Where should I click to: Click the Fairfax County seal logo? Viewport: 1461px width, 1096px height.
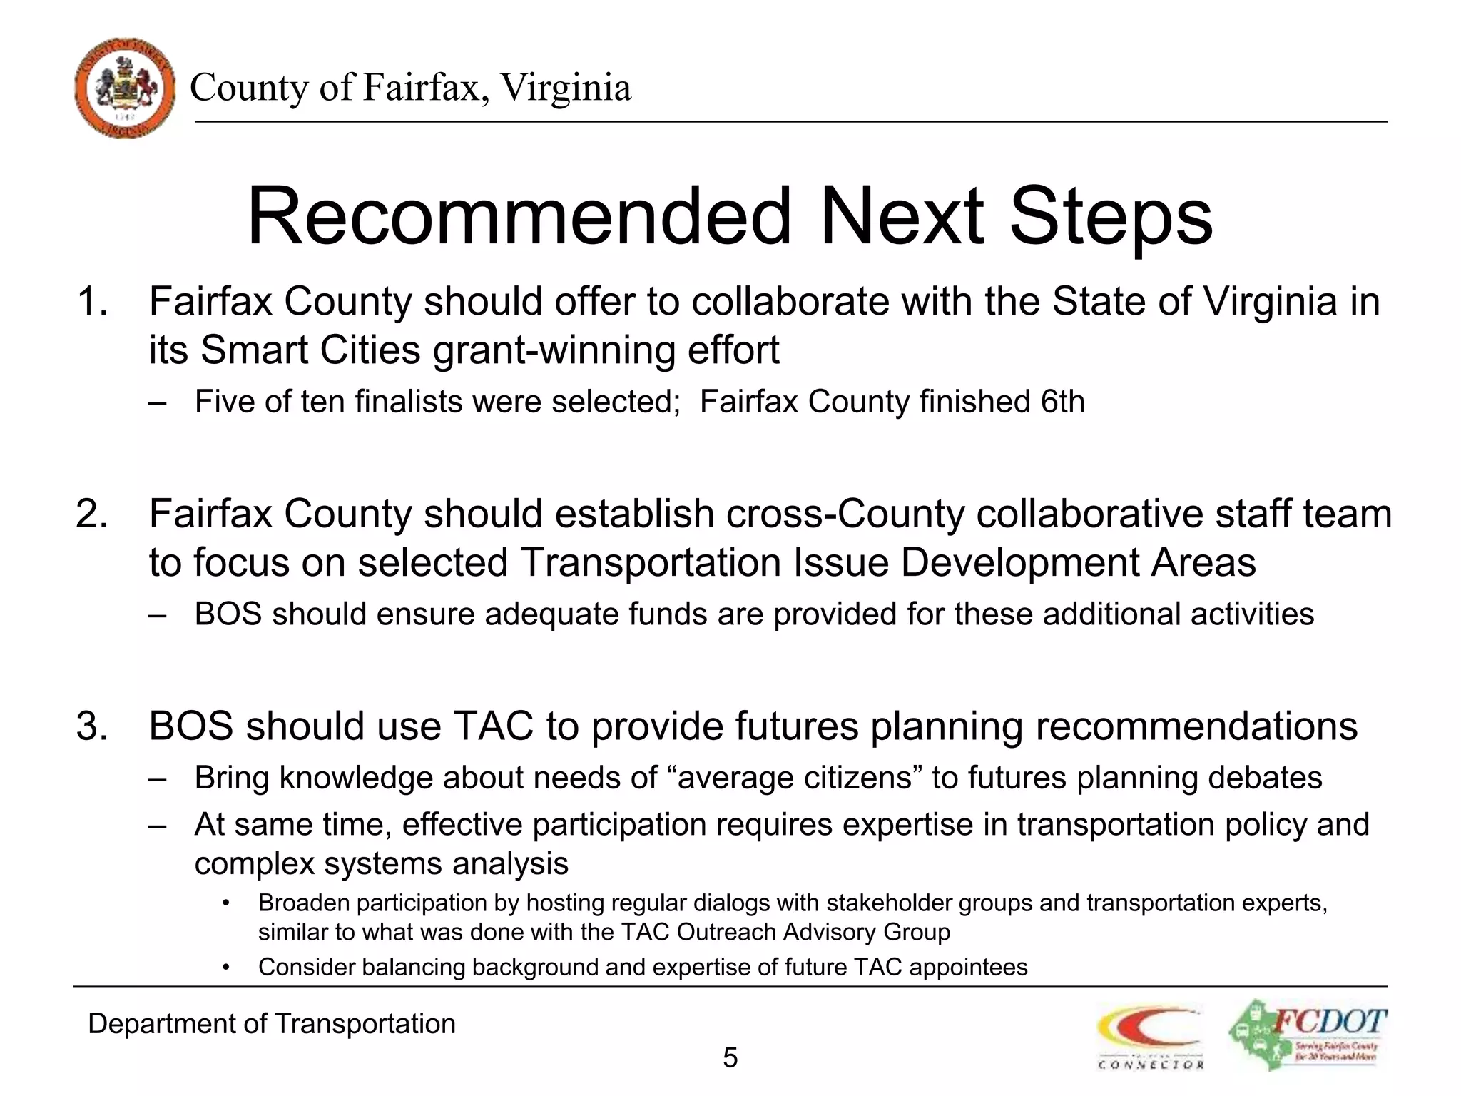point(125,88)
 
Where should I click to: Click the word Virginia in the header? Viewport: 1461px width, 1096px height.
point(565,88)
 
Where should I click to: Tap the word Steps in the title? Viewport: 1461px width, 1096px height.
point(1111,215)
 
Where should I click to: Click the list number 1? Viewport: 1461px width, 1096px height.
point(92,301)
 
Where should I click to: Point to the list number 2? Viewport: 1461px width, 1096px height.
point(92,514)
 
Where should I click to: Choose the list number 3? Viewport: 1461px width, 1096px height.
point(92,726)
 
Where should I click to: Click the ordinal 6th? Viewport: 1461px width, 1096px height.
point(1062,402)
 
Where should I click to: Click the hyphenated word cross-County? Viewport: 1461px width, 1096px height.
point(845,514)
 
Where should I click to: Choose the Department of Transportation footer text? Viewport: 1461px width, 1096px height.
point(272,1024)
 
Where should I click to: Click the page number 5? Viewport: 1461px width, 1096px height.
point(730,1057)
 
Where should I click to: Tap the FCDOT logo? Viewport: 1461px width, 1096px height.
point(1308,1035)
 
